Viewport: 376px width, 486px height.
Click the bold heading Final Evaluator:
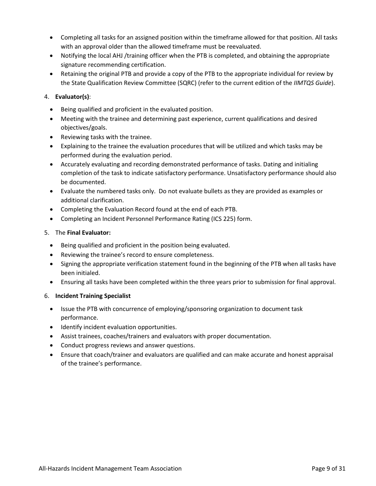(x=89, y=233)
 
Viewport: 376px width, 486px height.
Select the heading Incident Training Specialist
(x=93, y=296)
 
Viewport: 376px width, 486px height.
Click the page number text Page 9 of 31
(x=328, y=469)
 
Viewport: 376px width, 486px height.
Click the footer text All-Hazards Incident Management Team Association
(x=110, y=469)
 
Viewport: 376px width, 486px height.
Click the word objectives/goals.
(x=84, y=128)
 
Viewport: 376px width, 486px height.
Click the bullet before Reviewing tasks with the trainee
(x=52, y=137)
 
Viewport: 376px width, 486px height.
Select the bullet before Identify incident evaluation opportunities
(x=52, y=327)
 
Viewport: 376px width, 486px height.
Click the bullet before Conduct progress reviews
(x=52, y=345)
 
